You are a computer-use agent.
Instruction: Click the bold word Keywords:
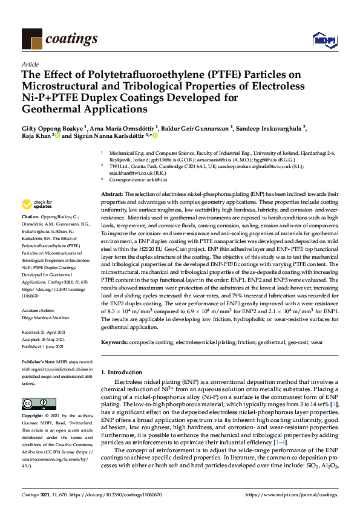[115, 342]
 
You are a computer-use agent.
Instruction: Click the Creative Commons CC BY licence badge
[36, 403]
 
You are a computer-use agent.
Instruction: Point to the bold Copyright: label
[33, 417]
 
